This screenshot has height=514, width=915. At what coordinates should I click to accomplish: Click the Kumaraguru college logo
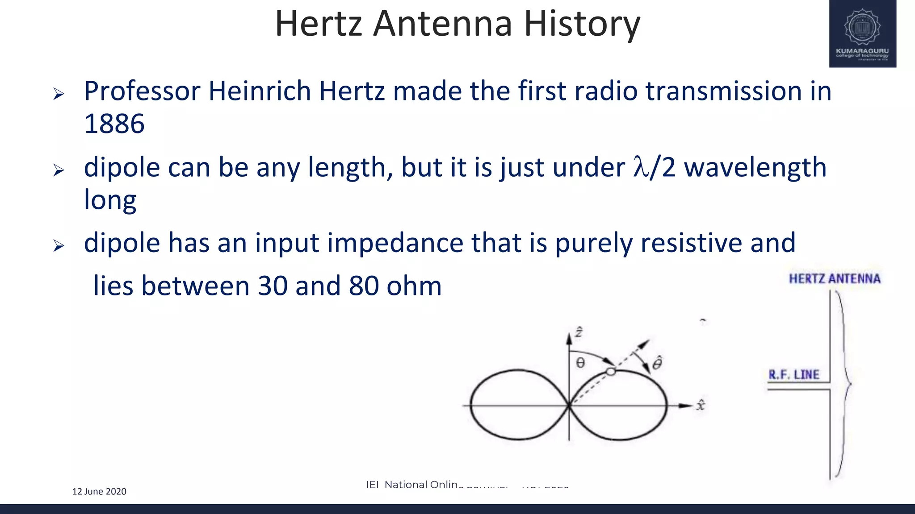tap(862, 33)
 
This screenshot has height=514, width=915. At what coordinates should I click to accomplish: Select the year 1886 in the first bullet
tap(114, 124)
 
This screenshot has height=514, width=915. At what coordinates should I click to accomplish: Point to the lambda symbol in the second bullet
tap(642, 167)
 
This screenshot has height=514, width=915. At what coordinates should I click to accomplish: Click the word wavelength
tap(755, 168)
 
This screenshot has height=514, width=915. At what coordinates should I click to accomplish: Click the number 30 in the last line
tap(273, 286)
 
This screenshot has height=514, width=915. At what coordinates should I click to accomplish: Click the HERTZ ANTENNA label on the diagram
tap(835, 279)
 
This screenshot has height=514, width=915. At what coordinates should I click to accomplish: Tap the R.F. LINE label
tap(794, 374)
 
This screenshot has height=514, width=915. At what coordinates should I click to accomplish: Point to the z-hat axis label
tap(579, 332)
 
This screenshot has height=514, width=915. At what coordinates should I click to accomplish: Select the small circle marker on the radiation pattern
tap(611, 371)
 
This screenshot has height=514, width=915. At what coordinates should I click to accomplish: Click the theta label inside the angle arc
tap(580, 363)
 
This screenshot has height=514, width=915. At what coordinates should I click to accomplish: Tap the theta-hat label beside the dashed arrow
tap(657, 363)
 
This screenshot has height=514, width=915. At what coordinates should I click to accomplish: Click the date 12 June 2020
tap(99, 491)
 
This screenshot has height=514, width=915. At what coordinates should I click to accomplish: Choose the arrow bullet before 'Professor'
tap(59, 94)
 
